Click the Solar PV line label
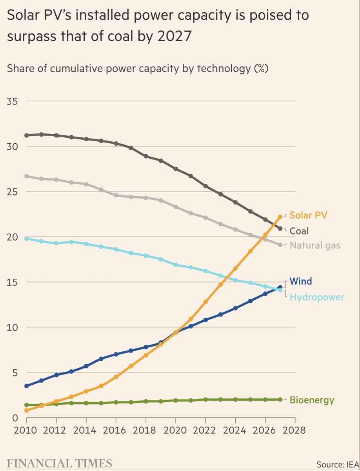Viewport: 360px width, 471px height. click(308, 215)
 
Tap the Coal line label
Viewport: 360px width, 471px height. click(299, 231)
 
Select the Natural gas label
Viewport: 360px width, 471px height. click(315, 246)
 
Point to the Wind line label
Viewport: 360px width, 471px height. click(301, 281)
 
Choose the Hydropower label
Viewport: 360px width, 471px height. click(317, 297)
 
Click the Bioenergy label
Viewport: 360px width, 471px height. click(312, 400)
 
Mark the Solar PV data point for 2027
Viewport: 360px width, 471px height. click(280, 217)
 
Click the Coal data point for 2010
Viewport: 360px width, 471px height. click(27, 135)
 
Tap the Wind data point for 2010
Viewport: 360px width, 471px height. click(27, 386)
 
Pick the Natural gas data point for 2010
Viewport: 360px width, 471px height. click(27, 176)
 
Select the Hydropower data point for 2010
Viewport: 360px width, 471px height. click(27, 238)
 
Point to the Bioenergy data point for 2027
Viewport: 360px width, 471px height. click(280, 399)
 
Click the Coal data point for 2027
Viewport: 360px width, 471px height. click(280, 228)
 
